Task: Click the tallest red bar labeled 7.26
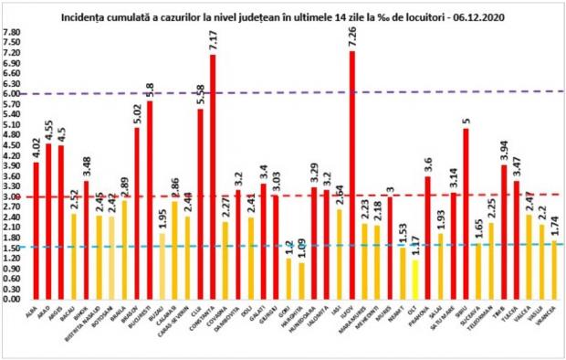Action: point(352,174)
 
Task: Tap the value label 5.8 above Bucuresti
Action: point(150,90)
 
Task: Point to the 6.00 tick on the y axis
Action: point(13,93)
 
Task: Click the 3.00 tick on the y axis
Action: point(13,196)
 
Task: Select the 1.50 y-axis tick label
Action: point(13,248)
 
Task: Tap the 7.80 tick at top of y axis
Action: point(13,32)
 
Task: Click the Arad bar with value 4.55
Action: point(48,221)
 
